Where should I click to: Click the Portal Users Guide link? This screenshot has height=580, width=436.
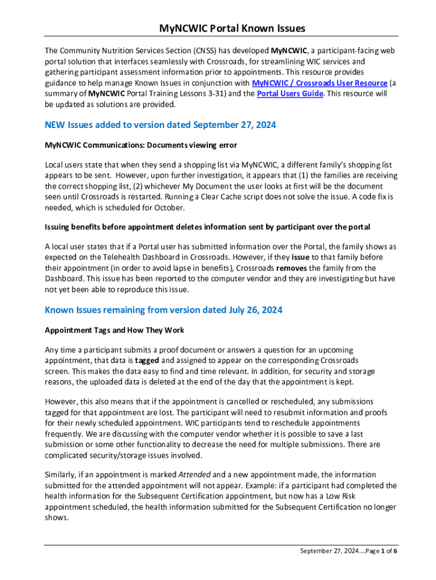pos(290,93)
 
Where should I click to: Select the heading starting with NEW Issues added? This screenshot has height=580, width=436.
pos(160,125)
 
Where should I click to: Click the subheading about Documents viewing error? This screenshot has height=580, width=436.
pos(140,145)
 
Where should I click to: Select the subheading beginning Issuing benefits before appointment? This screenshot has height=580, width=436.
pos(207,227)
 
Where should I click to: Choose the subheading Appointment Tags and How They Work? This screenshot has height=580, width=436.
pos(114,330)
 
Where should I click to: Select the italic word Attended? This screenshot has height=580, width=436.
pos(195,475)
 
